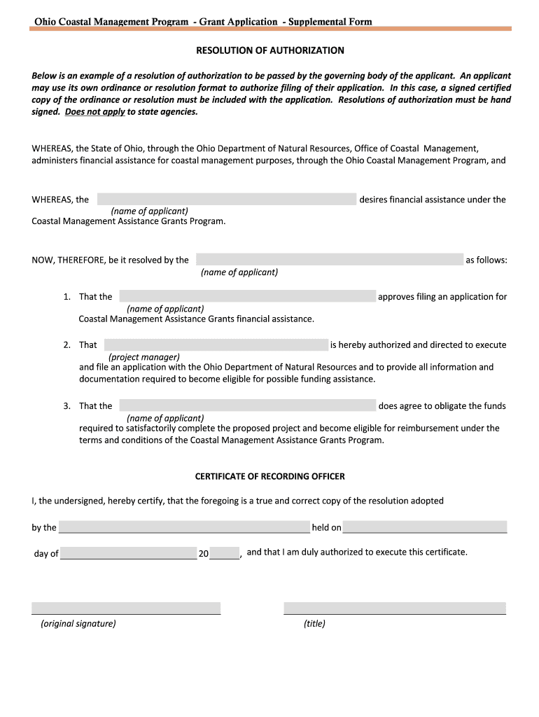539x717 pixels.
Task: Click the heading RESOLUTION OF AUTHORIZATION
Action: click(269, 50)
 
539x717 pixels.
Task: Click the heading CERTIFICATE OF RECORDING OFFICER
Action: click(269, 476)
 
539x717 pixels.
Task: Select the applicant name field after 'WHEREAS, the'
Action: click(226, 200)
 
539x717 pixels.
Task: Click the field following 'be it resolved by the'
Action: click(329, 260)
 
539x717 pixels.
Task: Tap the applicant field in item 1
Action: click(247, 296)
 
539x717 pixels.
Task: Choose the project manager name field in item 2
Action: click(216, 344)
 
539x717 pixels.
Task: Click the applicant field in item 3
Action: click(247, 405)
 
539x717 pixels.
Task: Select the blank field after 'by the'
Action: click(184, 527)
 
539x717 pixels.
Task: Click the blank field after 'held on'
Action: click(424, 527)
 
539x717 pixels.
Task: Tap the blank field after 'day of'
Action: click(128, 553)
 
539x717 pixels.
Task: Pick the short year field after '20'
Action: click(224, 553)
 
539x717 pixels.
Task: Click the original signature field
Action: click(126, 608)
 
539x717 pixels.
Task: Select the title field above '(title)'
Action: click(394, 608)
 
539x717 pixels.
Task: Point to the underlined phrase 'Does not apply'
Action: click(95, 111)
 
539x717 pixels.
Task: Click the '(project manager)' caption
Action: click(144, 356)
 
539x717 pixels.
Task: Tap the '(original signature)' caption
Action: click(78, 623)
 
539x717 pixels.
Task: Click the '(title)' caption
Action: click(314, 623)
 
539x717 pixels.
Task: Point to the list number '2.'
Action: click(66, 344)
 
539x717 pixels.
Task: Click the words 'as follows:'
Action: click(486, 260)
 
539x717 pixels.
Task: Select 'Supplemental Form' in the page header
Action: click(330, 22)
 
